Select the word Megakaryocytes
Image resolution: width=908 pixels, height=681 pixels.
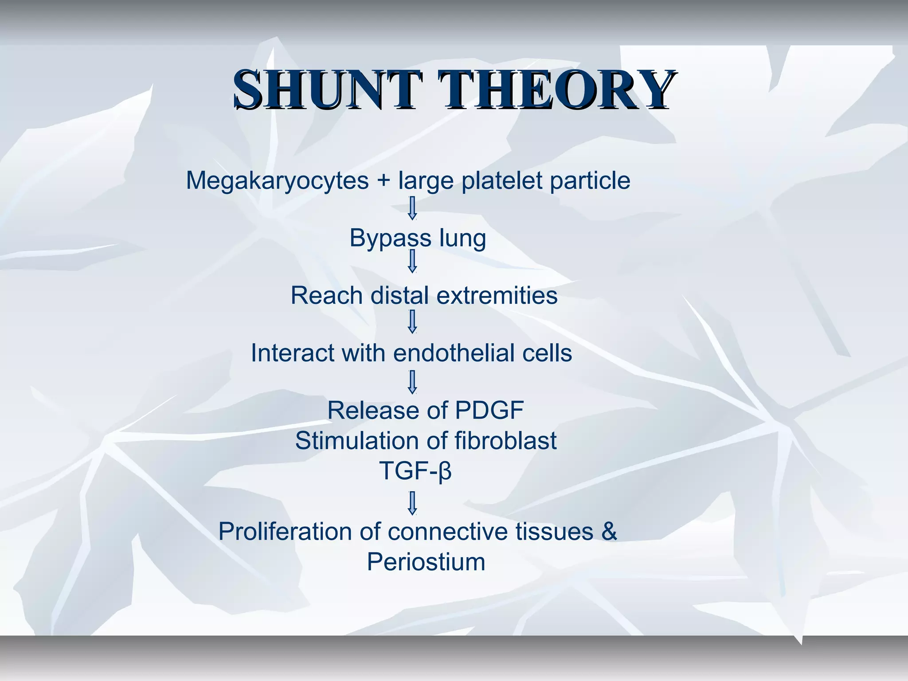tap(277, 181)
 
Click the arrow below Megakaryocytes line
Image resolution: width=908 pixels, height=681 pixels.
tap(412, 208)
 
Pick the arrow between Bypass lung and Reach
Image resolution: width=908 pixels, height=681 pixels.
tap(412, 261)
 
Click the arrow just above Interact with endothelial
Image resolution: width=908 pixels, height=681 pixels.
tap(412, 322)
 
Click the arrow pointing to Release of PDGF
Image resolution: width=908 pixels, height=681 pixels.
tap(412, 383)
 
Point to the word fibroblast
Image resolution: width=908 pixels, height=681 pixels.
tap(505, 441)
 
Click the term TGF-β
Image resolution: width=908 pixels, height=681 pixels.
tap(415, 471)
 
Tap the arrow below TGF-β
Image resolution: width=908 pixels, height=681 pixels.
tap(412, 503)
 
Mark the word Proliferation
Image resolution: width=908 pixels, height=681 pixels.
tap(285, 532)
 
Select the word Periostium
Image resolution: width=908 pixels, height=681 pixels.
tap(426, 562)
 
